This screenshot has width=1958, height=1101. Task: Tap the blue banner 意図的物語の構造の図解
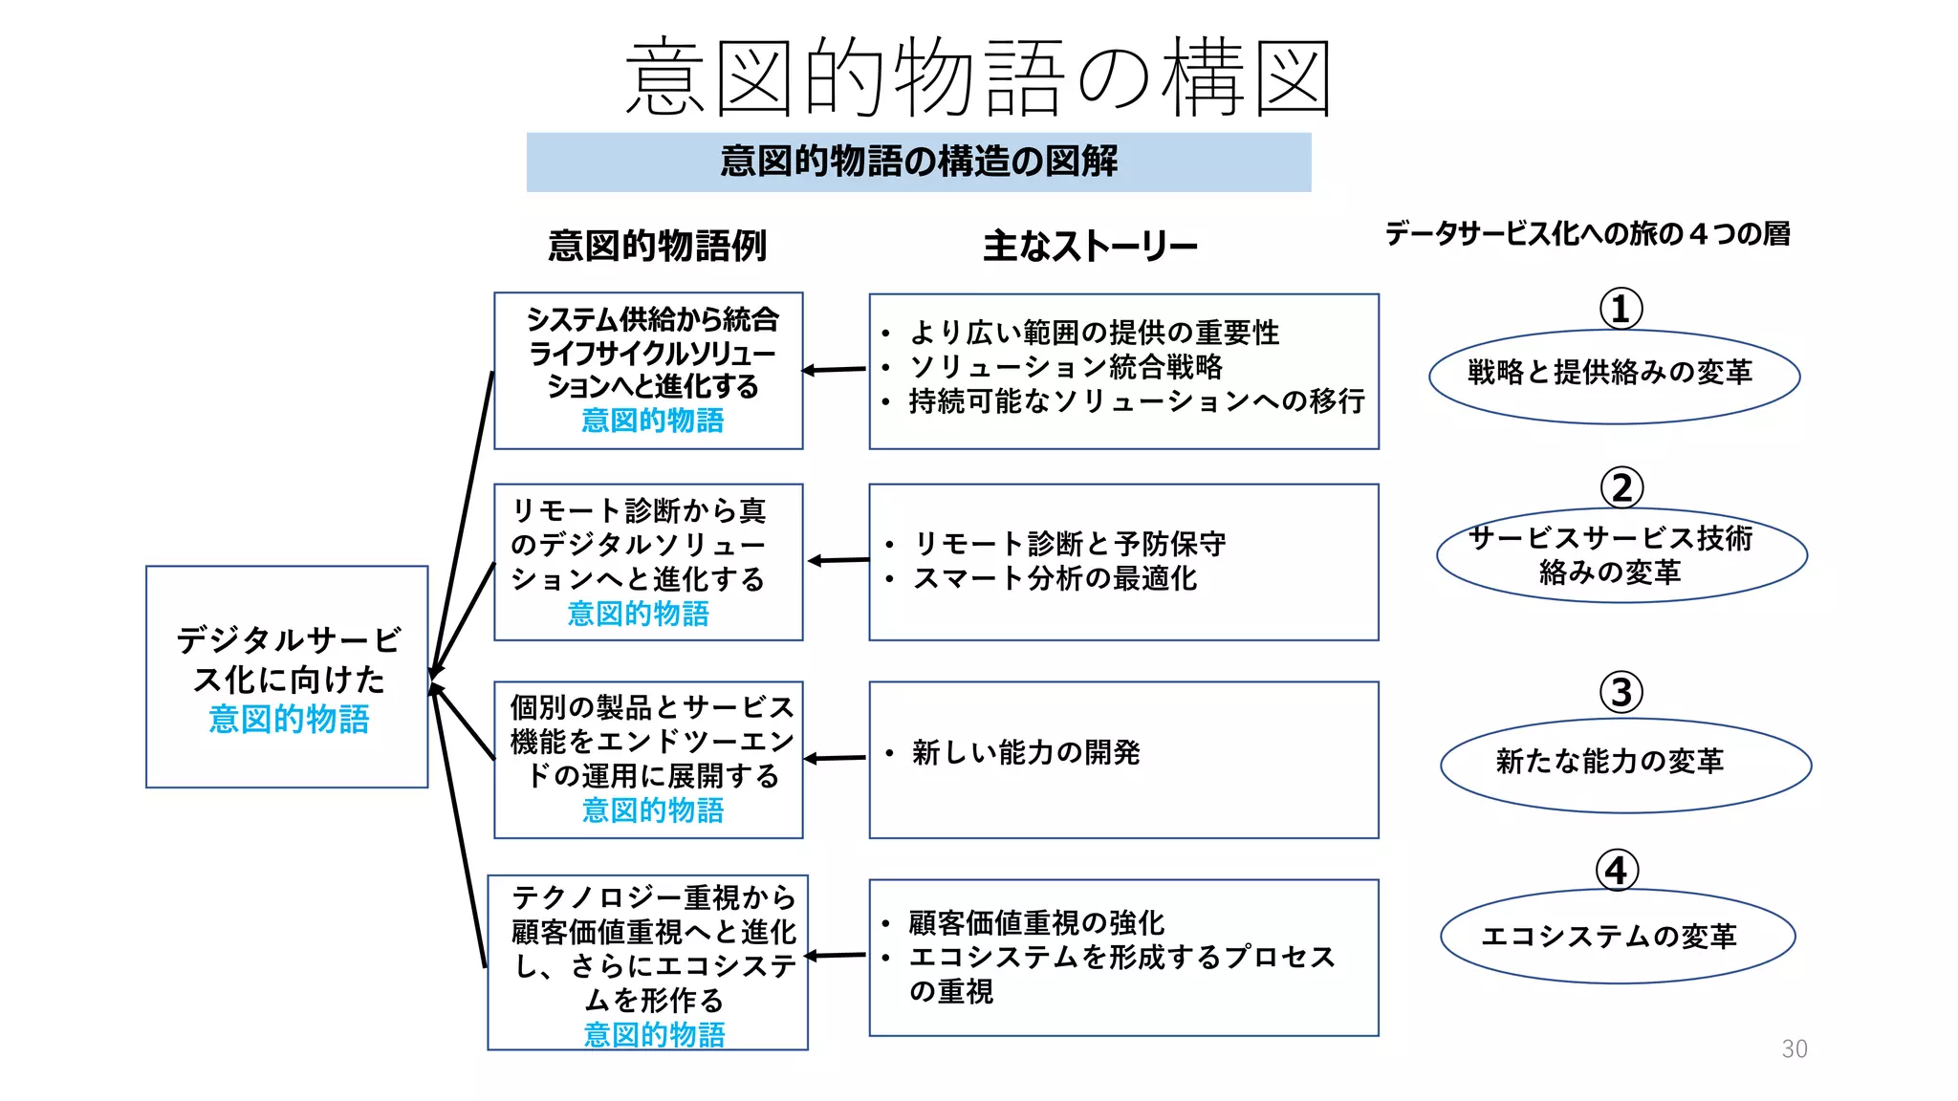click(918, 162)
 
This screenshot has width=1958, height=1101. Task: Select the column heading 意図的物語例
click(657, 246)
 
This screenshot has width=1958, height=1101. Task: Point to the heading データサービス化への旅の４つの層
click(1587, 233)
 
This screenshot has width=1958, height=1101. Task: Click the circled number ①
click(1621, 309)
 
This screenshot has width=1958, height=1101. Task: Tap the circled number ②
click(1621, 488)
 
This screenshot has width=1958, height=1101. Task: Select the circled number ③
click(1621, 693)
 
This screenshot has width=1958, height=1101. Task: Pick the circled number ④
click(1616, 871)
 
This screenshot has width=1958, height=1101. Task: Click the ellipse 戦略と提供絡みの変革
click(1613, 376)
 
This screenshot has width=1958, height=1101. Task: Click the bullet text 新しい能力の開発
click(1025, 753)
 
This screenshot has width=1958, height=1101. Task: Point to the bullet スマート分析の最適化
click(1055, 578)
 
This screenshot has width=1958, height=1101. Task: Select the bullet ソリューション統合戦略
click(1066, 367)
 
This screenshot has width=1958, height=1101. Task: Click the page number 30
click(1794, 1049)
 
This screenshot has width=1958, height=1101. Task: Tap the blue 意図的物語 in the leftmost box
click(289, 719)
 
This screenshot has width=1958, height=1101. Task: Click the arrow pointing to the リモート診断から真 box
click(838, 560)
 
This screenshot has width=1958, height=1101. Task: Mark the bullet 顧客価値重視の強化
click(1036, 923)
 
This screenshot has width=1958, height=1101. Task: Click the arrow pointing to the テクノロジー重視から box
click(837, 955)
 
